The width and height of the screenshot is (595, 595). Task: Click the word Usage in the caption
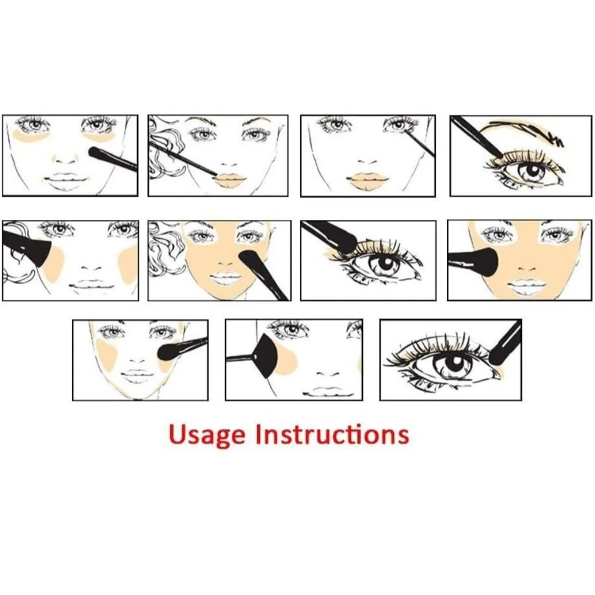[207, 435]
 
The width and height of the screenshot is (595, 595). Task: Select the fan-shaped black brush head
[266, 356]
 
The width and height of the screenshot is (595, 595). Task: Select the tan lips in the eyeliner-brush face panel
[367, 182]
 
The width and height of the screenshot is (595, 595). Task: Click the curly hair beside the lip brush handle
[166, 149]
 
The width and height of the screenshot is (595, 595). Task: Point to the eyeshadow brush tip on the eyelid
[348, 244]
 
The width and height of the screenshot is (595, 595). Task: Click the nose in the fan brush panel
[327, 374]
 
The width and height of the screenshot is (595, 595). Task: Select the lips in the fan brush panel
[328, 391]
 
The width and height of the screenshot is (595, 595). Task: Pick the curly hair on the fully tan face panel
[165, 252]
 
